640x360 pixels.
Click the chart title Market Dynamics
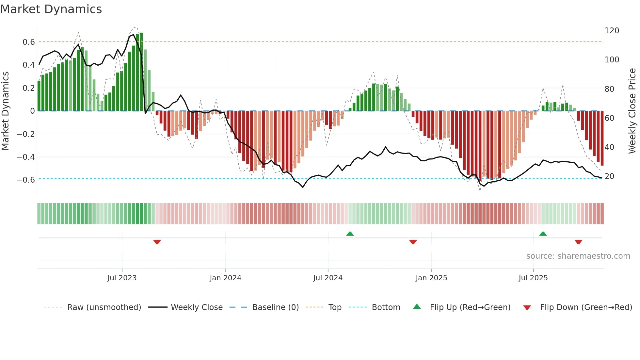(51, 9)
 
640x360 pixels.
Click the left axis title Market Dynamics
(5, 111)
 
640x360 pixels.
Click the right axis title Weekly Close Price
(632, 111)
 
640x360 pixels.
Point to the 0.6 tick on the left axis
(29, 42)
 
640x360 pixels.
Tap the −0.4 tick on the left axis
(26, 157)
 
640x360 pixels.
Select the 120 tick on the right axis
(612, 31)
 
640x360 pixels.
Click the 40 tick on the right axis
(609, 147)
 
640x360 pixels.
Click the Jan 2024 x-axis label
(225, 278)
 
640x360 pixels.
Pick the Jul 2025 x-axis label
(533, 278)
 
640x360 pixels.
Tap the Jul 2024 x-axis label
(328, 278)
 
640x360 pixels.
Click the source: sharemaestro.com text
(578, 256)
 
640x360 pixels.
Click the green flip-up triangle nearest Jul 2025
(543, 234)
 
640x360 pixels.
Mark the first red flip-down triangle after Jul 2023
(157, 242)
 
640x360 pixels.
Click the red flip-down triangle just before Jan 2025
(413, 242)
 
